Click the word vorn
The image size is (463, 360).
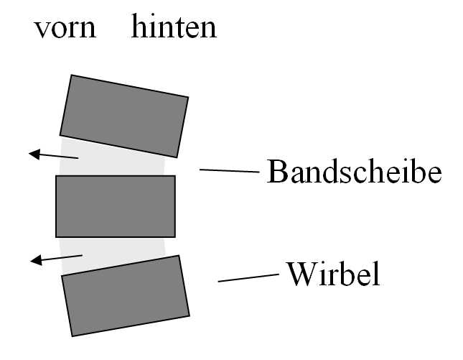pos(65,29)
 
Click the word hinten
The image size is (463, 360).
pos(174,26)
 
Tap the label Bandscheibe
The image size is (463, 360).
pos(354,172)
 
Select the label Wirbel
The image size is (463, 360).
pos(334,274)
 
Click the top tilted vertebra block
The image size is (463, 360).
pos(124,116)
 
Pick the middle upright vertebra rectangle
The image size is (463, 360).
pos(116,206)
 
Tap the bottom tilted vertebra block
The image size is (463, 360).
pos(126,295)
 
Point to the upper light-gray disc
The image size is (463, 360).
pos(112,160)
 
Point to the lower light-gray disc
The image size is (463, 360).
pos(112,254)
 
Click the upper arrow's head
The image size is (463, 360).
pos(34,154)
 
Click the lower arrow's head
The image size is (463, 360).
pos(36,260)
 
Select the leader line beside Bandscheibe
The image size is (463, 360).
pos(230,170)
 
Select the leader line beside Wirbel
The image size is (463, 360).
pos(248,278)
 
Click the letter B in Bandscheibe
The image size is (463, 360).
pos(276,172)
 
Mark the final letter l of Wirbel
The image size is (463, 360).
pos(375,274)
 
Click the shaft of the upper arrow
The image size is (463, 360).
pos(59,157)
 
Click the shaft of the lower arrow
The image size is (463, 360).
pos(62,257)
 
